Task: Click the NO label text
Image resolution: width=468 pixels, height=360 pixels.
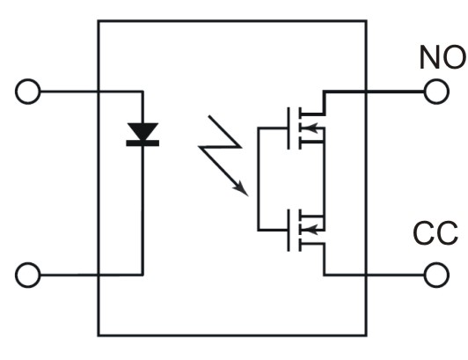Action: (x=442, y=57)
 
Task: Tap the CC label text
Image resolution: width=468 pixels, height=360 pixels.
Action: (x=435, y=233)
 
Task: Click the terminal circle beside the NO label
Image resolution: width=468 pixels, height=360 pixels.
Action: (x=436, y=92)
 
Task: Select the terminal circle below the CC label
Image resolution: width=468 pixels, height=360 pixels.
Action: (x=436, y=275)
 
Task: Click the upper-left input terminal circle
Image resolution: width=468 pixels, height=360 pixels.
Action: (x=28, y=92)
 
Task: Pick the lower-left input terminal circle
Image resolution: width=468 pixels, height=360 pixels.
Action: (x=28, y=275)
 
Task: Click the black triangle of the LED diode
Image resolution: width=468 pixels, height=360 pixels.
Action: (x=143, y=131)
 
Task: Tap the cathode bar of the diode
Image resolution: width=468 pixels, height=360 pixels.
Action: (x=143, y=143)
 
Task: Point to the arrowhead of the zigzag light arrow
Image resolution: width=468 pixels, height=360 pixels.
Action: (x=241, y=189)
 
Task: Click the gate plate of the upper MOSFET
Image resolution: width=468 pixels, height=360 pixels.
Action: (x=289, y=129)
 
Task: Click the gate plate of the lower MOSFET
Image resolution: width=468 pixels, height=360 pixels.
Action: (x=289, y=231)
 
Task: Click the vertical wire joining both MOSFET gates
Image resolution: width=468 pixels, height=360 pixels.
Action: (x=259, y=180)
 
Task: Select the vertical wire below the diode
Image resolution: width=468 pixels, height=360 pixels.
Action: (x=143, y=210)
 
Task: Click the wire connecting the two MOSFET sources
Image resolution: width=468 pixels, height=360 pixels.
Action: (x=324, y=180)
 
